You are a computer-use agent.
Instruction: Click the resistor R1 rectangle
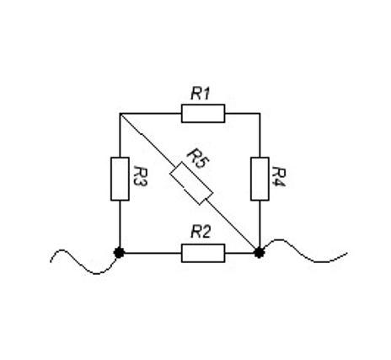203,114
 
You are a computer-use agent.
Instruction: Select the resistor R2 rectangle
203,253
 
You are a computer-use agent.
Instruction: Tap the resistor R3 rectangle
120,179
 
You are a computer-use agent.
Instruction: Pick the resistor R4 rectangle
260,179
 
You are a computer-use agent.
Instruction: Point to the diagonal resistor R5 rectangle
191,183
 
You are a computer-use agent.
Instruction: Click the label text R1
201,94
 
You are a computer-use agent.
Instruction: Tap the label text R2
201,233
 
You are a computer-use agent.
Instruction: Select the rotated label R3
140,176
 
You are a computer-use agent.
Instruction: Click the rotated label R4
280,177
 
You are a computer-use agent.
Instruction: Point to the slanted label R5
199,159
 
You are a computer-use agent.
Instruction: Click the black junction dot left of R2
119,253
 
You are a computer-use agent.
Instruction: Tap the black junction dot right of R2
259,253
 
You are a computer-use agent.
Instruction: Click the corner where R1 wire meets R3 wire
120,114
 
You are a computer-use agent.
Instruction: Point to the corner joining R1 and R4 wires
260,114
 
